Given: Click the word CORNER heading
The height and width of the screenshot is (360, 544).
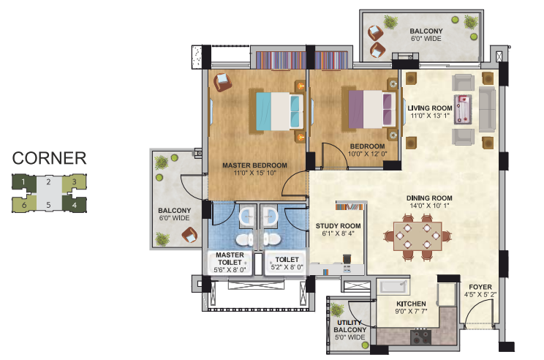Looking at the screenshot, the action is [49, 158].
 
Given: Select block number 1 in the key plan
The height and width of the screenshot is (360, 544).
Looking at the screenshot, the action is [23, 182].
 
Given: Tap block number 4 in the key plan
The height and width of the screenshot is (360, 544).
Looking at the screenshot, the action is [75, 204].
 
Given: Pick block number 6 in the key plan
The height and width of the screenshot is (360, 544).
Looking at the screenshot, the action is [24, 204].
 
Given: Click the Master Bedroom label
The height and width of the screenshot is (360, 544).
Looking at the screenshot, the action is [254, 165].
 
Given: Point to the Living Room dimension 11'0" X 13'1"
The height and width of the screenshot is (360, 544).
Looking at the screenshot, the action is [430, 116].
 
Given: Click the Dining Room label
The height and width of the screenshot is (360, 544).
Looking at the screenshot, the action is [429, 198].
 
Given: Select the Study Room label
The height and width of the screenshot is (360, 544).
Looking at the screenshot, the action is [339, 226].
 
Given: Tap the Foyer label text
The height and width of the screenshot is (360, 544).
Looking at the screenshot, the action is [480, 287].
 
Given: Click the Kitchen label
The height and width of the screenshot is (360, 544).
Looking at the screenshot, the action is [411, 304].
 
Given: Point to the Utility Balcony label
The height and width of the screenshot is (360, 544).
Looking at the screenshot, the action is [350, 326].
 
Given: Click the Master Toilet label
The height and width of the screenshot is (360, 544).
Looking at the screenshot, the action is [230, 258].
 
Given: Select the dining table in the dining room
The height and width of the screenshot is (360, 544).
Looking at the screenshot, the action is [418, 236].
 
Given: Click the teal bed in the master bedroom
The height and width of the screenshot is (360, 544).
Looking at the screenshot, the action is [279, 111].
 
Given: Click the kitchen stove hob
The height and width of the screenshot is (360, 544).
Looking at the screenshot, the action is [421, 337].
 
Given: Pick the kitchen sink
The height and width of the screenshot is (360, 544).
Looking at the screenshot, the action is [393, 287].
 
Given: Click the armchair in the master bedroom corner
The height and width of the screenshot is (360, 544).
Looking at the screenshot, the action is [222, 82].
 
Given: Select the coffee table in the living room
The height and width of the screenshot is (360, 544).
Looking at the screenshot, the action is [463, 109].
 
